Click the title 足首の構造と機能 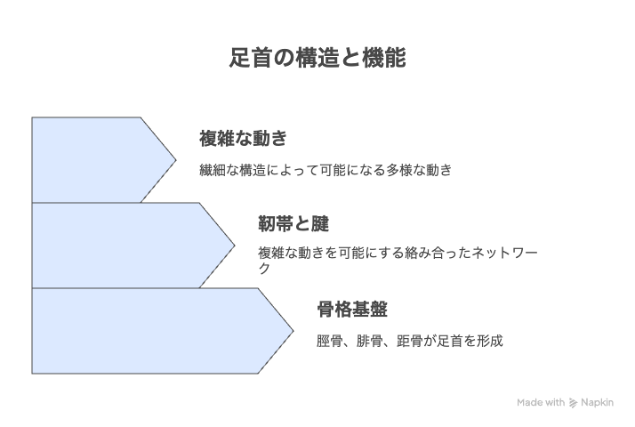point(317,58)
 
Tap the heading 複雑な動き point(243,139)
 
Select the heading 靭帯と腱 point(293,223)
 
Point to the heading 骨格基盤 point(352,310)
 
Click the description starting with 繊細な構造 point(326,170)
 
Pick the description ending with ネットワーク point(398,260)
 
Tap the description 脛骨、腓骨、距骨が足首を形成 point(409,341)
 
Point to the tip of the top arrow point(176,160)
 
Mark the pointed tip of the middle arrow point(235,246)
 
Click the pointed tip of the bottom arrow point(293,331)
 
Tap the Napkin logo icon point(573,403)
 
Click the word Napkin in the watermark point(597,403)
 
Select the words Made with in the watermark point(541,403)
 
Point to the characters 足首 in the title point(251,58)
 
